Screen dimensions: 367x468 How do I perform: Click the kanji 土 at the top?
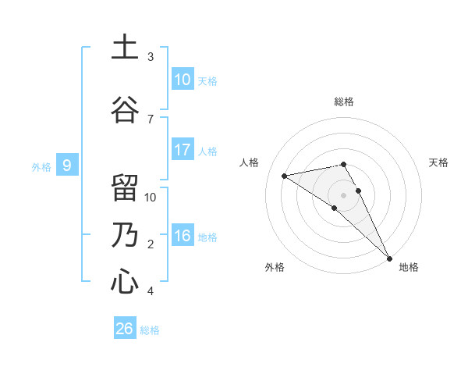pyautogui.click(x=124, y=48)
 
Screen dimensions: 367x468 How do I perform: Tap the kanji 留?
pyautogui.click(x=124, y=187)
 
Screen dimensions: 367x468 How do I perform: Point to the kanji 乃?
pyautogui.click(x=124, y=235)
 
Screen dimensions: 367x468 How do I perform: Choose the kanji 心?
pyautogui.click(x=124, y=281)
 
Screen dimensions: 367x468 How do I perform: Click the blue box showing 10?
pyautogui.click(x=183, y=80)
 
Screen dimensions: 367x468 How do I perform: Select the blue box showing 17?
pyautogui.click(x=183, y=150)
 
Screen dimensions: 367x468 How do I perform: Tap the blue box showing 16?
pyautogui.click(x=183, y=236)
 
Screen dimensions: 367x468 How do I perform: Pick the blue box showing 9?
pyautogui.click(x=67, y=165)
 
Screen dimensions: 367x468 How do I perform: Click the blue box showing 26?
pyautogui.click(x=125, y=329)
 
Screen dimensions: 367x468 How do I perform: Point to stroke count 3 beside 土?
pyautogui.click(x=151, y=57)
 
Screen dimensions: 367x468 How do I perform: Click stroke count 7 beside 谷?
pyautogui.click(x=151, y=119)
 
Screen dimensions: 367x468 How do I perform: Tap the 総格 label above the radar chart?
pyautogui.click(x=343, y=102)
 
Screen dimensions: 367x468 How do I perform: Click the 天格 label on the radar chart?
pyautogui.click(x=438, y=162)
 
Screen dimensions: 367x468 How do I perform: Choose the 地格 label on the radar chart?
pyautogui.click(x=409, y=267)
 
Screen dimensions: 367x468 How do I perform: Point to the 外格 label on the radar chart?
pyautogui.click(x=275, y=267)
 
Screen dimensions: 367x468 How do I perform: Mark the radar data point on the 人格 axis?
pyautogui.click(x=285, y=176)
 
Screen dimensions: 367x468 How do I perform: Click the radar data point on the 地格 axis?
pyautogui.click(x=389, y=258)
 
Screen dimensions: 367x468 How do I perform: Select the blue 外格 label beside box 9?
pyautogui.click(x=41, y=166)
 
